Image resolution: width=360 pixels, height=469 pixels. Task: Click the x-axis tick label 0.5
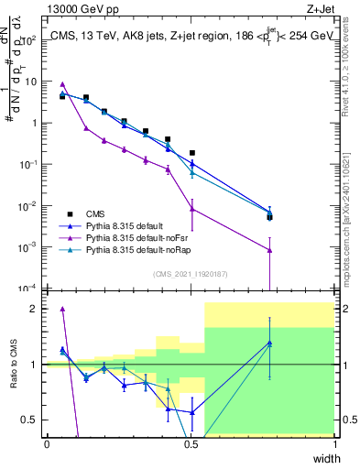pyautogui.click(x=191, y=444)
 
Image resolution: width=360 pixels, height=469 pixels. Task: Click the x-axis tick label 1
pyautogui.click(x=334, y=444)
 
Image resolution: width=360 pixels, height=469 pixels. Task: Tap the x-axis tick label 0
pyautogui.click(x=47, y=444)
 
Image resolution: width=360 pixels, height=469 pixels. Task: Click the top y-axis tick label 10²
pyautogui.click(x=29, y=39)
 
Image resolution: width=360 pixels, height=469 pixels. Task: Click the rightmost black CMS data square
pyautogui.click(x=269, y=217)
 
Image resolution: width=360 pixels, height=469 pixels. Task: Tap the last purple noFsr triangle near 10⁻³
pyautogui.click(x=269, y=250)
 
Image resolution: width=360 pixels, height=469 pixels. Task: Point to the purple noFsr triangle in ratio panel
pyautogui.click(x=62, y=309)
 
